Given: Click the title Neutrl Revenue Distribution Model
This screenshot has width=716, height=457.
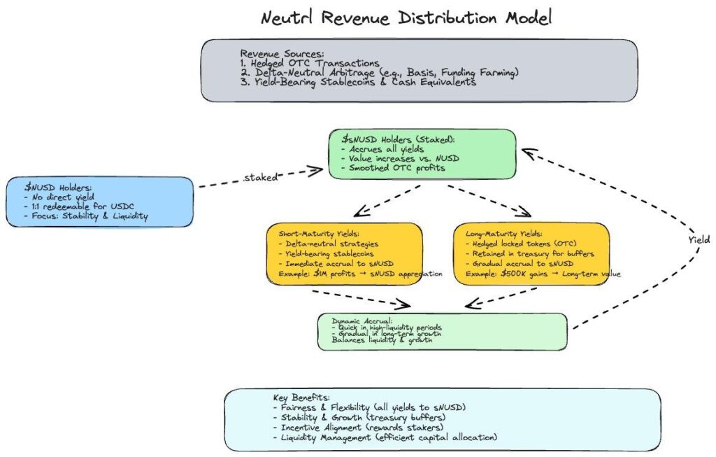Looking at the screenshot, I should [x=406, y=17].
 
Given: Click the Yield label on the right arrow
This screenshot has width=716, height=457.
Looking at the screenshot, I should [x=697, y=239].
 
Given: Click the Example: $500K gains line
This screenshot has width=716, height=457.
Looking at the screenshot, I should [x=537, y=274].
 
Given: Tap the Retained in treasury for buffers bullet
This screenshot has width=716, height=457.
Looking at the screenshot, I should [x=530, y=253].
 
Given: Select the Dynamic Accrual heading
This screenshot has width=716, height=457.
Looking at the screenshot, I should [x=358, y=321].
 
